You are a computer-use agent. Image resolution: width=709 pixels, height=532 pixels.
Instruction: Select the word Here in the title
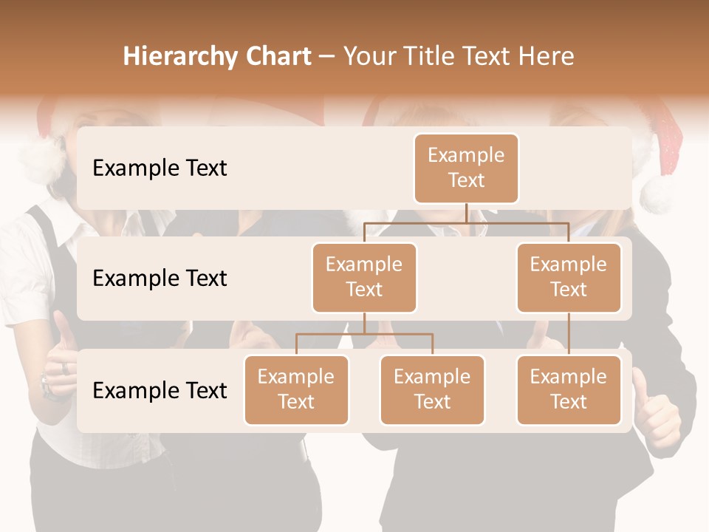[547, 57]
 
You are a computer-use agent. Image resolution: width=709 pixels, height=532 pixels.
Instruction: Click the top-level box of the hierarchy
[466, 168]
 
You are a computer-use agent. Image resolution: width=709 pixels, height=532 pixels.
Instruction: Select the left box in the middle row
[364, 277]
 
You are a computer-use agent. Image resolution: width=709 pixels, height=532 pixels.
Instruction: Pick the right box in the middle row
[569, 277]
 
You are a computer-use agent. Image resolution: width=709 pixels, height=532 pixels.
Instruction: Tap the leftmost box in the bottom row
[296, 389]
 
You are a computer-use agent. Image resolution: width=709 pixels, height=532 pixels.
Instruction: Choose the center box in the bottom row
[432, 389]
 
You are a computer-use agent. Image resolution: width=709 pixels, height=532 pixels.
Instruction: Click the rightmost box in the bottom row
[569, 389]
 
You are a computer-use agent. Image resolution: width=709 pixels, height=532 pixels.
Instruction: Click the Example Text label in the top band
[160, 168]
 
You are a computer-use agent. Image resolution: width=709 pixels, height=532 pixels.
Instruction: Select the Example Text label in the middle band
[160, 279]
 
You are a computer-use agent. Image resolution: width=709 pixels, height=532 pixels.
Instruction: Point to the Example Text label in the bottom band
[160, 390]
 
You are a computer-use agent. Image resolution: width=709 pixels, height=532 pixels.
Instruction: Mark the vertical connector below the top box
[466, 213]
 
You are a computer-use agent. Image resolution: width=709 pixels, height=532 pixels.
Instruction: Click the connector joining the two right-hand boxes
[569, 333]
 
